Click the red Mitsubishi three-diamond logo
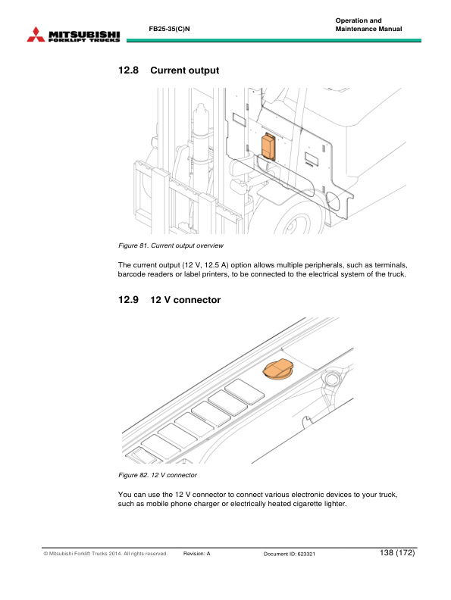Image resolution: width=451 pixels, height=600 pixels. [36, 34]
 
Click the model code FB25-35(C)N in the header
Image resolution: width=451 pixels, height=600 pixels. [169, 29]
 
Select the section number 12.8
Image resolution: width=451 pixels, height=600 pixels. [128, 70]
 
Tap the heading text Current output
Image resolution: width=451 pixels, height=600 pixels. [184, 70]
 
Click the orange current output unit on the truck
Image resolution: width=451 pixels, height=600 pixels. [268, 146]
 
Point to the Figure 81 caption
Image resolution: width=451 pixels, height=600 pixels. [171, 245]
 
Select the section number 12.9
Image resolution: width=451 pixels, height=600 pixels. [128, 299]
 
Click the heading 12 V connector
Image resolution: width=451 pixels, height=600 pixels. [185, 299]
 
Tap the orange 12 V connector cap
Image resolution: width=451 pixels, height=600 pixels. [278, 370]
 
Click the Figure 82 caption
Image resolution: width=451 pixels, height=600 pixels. [158, 475]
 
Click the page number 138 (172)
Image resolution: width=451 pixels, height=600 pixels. [397, 552]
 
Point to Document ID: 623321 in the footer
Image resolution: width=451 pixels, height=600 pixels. [289, 554]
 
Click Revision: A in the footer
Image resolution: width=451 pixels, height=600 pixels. [197, 553]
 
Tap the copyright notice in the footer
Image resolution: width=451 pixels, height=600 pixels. [105, 553]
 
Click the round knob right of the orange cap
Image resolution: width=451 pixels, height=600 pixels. [330, 378]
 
